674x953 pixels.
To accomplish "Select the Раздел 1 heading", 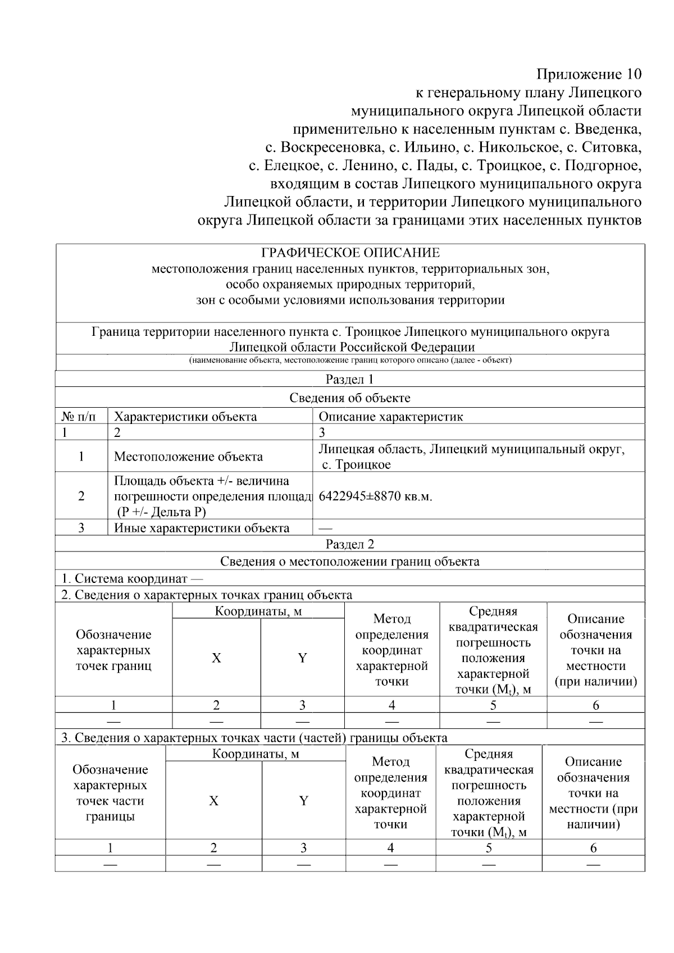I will pyautogui.click(x=349, y=379).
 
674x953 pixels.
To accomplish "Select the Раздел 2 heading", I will pyautogui.click(x=349, y=544).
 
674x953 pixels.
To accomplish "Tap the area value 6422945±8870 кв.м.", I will pyautogui.click(x=375, y=496).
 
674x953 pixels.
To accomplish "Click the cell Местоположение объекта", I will pyautogui.click(x=188, y=457).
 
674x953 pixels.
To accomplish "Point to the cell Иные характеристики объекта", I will pyautogui.click(x=202, y=528).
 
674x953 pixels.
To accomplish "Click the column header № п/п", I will pyautogui.click(x=78, y=417).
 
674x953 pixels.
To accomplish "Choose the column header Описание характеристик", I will pyautogui.click(x=390, y=417).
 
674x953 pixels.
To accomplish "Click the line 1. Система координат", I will pyautogui.click(x=132, y=578).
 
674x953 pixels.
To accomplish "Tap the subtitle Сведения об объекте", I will pyautogui.click(x=349, y=398).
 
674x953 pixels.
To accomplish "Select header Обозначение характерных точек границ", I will pyautogui.click(x=113, y=650).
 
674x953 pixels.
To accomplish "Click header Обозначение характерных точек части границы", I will pyautogui.click(x=110, y=793).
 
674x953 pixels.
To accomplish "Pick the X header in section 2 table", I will pyautogui.click(x=216, y=658).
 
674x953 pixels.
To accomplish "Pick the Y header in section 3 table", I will pyautogui.click(x=303, y=801).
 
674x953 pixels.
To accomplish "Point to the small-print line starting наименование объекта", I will pyautogui.click(x=349, y=361).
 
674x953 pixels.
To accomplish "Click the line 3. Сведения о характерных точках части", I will pyautogui.click(x=254, y=737).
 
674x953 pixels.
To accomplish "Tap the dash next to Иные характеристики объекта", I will pyautogui.click(x=325, y=528).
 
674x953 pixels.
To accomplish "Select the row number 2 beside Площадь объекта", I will pyautogui.click(x=81, y=496).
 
